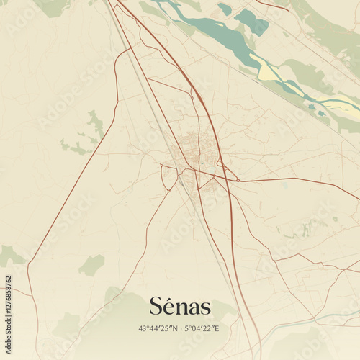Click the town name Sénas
(x=180, y=307)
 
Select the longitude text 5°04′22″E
(x=202, y=329)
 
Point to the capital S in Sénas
(x=156, y=307)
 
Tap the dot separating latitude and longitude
(x=180, y=329)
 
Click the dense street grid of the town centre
(x=190, y=148)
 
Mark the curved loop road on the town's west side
(x=168, y=177)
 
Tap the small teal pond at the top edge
(x=225, y=9)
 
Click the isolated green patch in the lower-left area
(x=91, y=265)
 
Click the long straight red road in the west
(x=72, y=180)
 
